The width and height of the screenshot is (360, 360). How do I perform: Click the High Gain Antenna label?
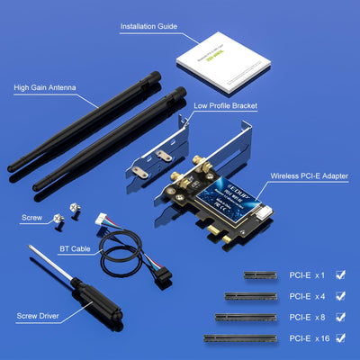pos(45,88)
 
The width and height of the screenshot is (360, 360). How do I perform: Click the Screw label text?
pos(31,217)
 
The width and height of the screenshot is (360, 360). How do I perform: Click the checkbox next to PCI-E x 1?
pos(340,273)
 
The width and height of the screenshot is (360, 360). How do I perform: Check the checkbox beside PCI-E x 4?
pos(340,294)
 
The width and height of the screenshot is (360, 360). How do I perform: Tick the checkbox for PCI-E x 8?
pos(340,317)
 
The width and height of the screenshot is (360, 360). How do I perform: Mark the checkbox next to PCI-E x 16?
pos(340,338)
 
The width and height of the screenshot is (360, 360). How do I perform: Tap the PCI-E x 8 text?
pos(306,317)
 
